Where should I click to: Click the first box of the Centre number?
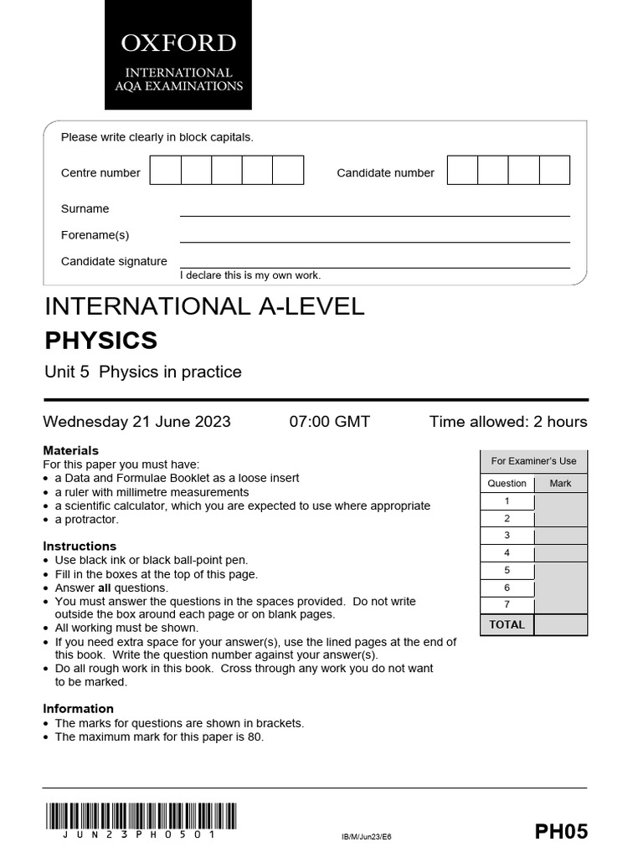165,170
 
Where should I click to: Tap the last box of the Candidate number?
554,170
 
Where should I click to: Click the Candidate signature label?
114,261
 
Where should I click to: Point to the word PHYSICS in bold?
100,341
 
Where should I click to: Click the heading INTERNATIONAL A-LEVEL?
204,306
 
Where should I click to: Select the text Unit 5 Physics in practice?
142,372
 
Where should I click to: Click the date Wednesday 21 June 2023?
137,422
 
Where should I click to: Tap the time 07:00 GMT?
329,422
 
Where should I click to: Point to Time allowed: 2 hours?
508,422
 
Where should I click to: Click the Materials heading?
71,450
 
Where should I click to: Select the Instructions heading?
80,546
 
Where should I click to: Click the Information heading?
79,709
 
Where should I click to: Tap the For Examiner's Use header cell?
533,461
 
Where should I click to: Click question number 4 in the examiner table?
507,553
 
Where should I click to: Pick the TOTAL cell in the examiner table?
507,624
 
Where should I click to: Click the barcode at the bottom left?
141,816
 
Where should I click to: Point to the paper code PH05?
561,831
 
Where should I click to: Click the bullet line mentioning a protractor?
87,519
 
